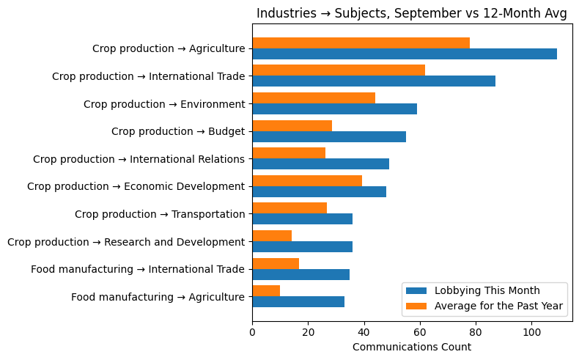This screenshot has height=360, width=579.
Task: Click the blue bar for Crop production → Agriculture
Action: tap(405, 54)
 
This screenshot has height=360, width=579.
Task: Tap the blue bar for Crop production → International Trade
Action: tap(374, 81)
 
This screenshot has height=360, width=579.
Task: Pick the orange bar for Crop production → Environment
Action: tap(314, 98)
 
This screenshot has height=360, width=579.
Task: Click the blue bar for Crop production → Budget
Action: tap(329, 136)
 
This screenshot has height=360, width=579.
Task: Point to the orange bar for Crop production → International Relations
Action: tap(289, 153)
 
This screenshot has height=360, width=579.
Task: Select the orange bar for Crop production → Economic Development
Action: tap(307, 180)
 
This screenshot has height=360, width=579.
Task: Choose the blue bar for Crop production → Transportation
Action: tap(302, 218)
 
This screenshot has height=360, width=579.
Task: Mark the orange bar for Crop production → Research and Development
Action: tap(272, 235)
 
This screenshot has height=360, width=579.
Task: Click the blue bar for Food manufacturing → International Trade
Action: tap(300, 274)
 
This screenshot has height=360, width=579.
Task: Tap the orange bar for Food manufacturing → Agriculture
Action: tap(266, 290)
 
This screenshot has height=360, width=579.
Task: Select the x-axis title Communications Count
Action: tap(412, 347)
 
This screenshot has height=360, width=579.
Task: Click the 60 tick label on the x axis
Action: tap(420, 332)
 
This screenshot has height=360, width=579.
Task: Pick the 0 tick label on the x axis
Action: tap(252, 332)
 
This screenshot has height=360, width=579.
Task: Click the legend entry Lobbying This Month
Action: tap(487, 290)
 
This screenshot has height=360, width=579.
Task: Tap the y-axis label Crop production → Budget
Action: tap(178, 131)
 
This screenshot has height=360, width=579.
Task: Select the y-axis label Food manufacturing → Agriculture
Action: tap(158, 297)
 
